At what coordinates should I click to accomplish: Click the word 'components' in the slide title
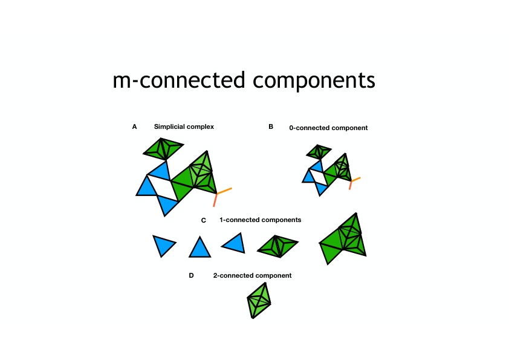[314, 80]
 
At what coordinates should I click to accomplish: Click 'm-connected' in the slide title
[178, 80]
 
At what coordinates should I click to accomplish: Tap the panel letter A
[134, 126]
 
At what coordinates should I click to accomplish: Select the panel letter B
[271, 126]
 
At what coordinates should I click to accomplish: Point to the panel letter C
[204, 220]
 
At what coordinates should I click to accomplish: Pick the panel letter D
[191, 275]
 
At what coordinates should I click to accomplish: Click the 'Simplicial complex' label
[184, 126]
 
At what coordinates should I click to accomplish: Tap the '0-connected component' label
[328, 128]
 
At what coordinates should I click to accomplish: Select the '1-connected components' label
[261, 220]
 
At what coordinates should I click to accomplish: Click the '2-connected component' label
[252, 275]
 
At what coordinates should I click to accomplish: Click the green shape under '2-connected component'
[259, 301]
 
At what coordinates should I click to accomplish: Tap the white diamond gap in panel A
[162, 188]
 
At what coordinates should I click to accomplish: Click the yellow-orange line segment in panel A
[224, 191]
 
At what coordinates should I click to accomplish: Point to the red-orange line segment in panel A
[215, 200]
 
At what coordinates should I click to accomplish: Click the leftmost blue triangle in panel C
[163, 244]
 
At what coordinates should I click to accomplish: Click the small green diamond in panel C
[277, 246]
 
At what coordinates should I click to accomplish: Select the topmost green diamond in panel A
[163, 148]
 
